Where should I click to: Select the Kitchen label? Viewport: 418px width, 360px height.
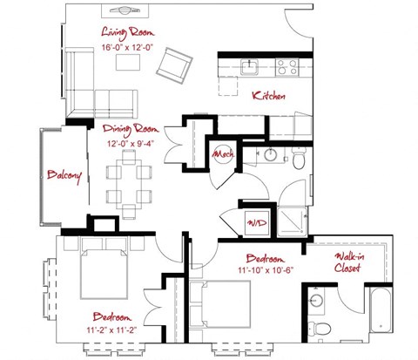[x=267, y=97]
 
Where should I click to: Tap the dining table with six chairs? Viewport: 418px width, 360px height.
[x=129, y=178]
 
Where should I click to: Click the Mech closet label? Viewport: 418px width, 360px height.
[x=222, y=155]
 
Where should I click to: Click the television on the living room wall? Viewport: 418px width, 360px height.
[x=124, y=11]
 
